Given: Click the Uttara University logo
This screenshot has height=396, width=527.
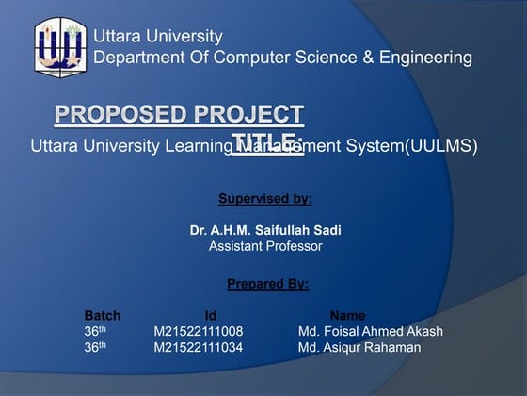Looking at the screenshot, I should point(59,47).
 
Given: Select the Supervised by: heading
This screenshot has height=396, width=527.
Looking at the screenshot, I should point(265,199).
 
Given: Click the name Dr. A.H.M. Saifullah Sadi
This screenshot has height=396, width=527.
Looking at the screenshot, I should point(265,230).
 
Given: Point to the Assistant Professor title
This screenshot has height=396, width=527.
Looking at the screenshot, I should point(265,246).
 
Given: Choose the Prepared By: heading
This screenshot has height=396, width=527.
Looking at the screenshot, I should point(267,283).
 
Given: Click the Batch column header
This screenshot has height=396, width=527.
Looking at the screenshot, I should point(103,315).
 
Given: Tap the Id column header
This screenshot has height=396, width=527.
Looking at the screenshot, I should point(211,315).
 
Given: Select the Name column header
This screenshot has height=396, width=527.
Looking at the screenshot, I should point(347,315).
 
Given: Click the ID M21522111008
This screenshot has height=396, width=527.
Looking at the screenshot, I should point(199,331).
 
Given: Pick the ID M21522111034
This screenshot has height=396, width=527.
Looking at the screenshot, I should point(199,347).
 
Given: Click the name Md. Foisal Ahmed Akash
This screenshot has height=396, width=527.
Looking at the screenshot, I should point(370,331).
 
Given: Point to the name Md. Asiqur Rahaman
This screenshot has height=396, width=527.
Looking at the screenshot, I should point(359,347).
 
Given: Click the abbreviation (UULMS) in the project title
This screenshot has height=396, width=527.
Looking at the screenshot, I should point(440,146).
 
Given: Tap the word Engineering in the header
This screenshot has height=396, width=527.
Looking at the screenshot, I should point(425,58).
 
